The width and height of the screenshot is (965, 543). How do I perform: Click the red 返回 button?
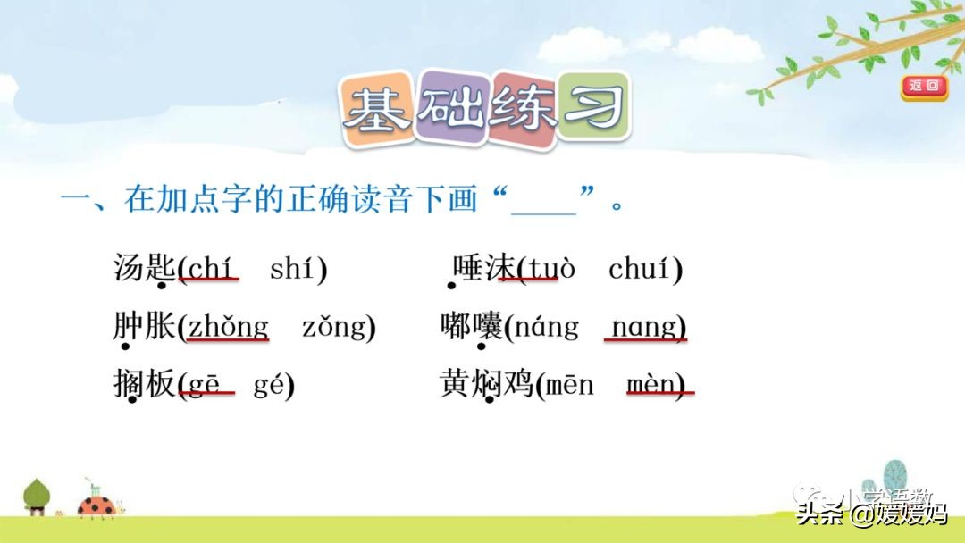[x=924, y=86]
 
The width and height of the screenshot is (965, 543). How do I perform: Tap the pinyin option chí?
[x=211, y=267]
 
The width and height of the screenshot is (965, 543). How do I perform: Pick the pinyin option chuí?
[x=640, y=267]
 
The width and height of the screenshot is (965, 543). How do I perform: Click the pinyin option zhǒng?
[x=227, y=328]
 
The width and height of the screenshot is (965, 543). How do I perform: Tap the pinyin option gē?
[x=205, y=386]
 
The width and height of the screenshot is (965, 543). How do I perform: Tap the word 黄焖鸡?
[x=486, y=385]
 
